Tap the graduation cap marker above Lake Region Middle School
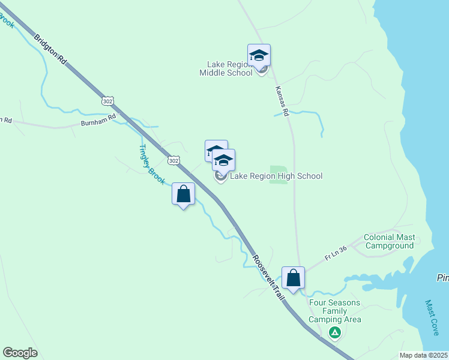(259, 55)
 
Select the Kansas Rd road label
(282, 101)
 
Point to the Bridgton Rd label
(58, 51)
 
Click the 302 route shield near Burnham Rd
(107, 101)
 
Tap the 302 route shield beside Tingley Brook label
(173, 161)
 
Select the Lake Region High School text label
(276, 176)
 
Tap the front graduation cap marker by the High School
(223, 160)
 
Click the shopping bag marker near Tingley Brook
(184, 194)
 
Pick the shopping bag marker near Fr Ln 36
(293, 278)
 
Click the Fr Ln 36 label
(336, 253)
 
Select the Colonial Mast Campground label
(389, 241)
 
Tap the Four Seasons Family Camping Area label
(335, 311)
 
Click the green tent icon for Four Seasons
(335, 332)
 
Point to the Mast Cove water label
(432, 318)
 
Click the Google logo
(20, 353)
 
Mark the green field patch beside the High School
(278, 173)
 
